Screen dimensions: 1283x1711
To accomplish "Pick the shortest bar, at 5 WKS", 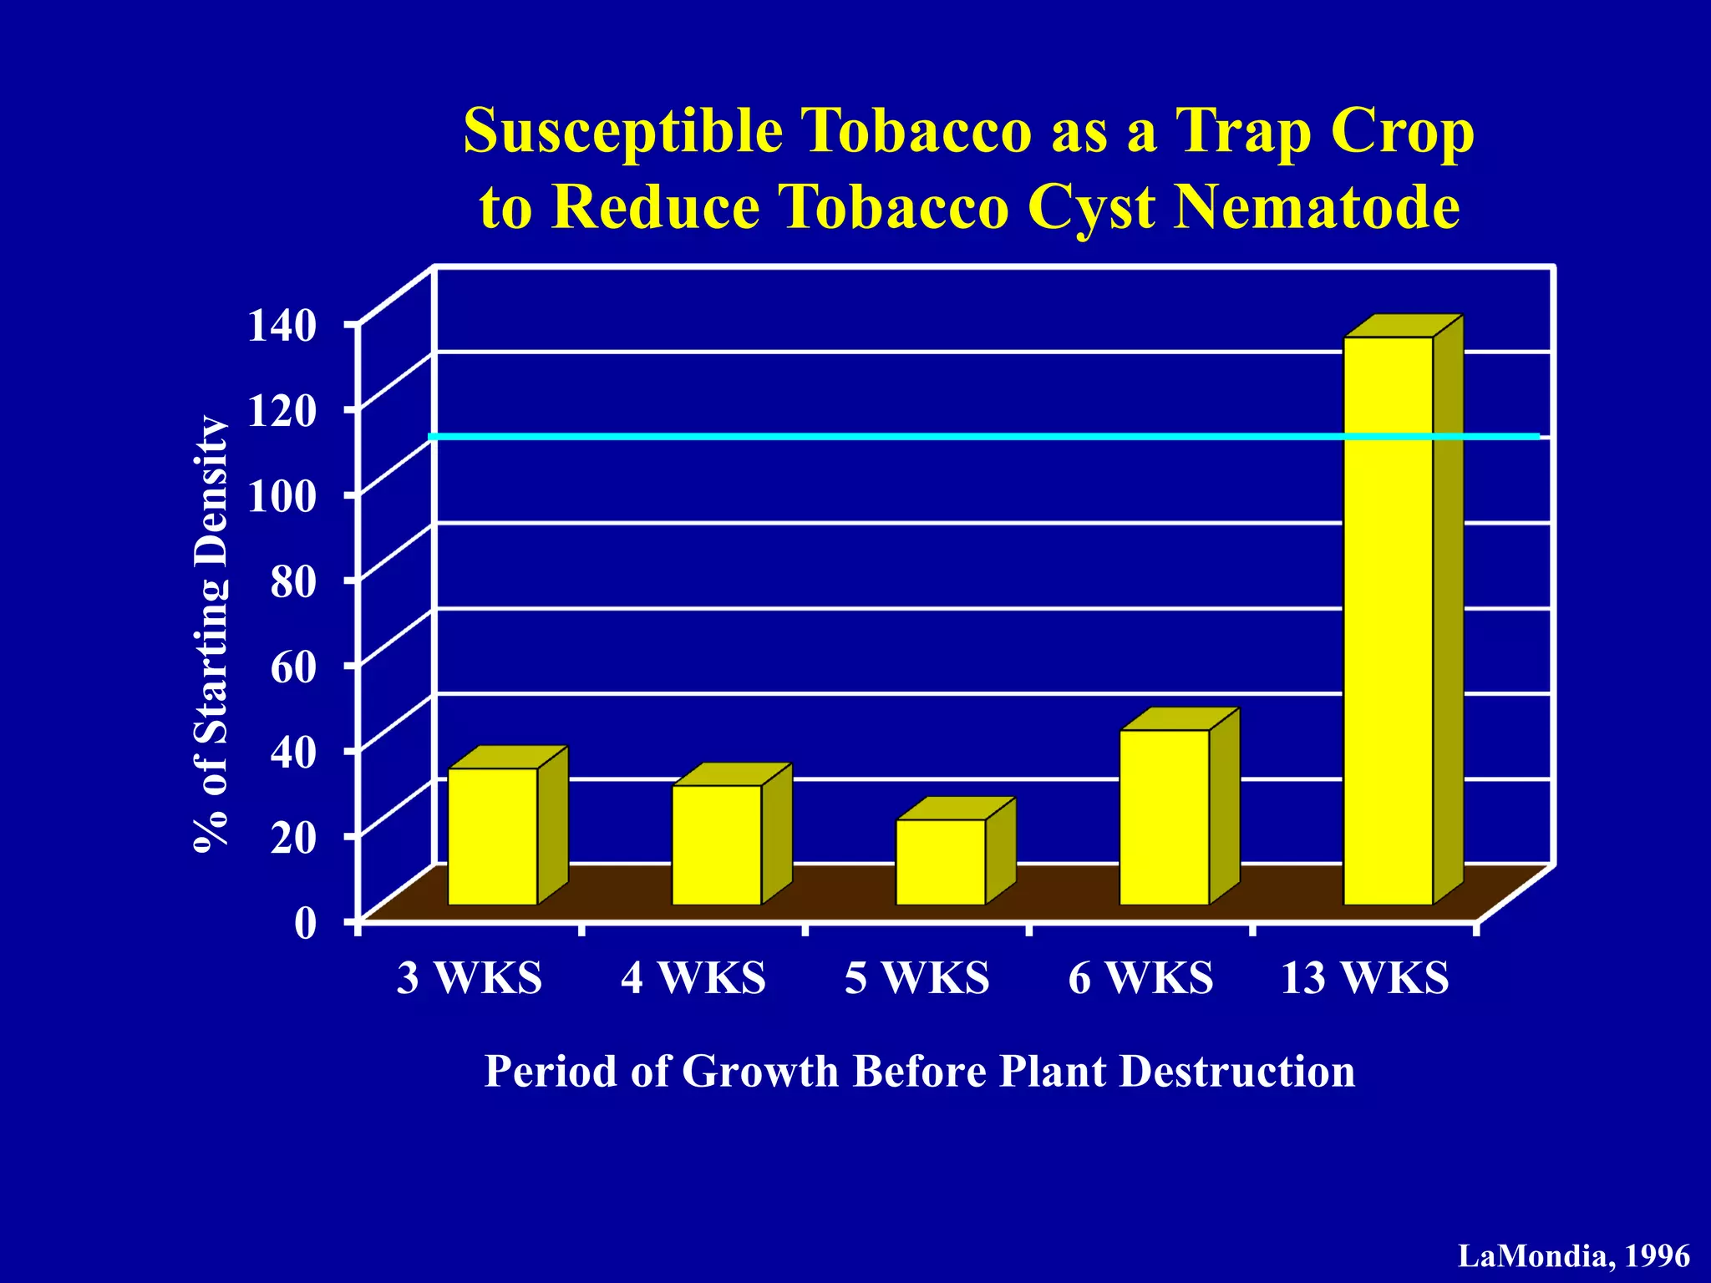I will tap(941, 861).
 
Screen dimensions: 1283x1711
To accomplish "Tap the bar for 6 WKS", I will tap(1165, 817).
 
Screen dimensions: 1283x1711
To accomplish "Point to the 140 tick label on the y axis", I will tap(282, 326).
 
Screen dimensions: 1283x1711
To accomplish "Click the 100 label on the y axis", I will tap(282, 497).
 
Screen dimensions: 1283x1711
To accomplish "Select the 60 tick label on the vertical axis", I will tap(293, 667).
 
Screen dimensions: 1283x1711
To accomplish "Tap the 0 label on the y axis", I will tap(306, 924).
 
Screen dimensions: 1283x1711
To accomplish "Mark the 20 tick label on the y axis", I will tap(293, 838).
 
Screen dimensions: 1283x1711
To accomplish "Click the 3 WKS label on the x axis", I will tap(469, 978).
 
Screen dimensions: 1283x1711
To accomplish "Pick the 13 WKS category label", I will tap(1365, 978).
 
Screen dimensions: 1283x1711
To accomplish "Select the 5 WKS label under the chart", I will tap(916, 978).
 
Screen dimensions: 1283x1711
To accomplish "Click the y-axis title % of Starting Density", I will tap(211, 633).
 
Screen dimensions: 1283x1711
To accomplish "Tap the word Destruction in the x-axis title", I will tap(1237, 1072).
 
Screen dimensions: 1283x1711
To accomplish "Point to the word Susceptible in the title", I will tap(623, 132).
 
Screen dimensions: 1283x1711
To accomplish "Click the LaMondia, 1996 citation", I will tap(1574, 1256).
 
